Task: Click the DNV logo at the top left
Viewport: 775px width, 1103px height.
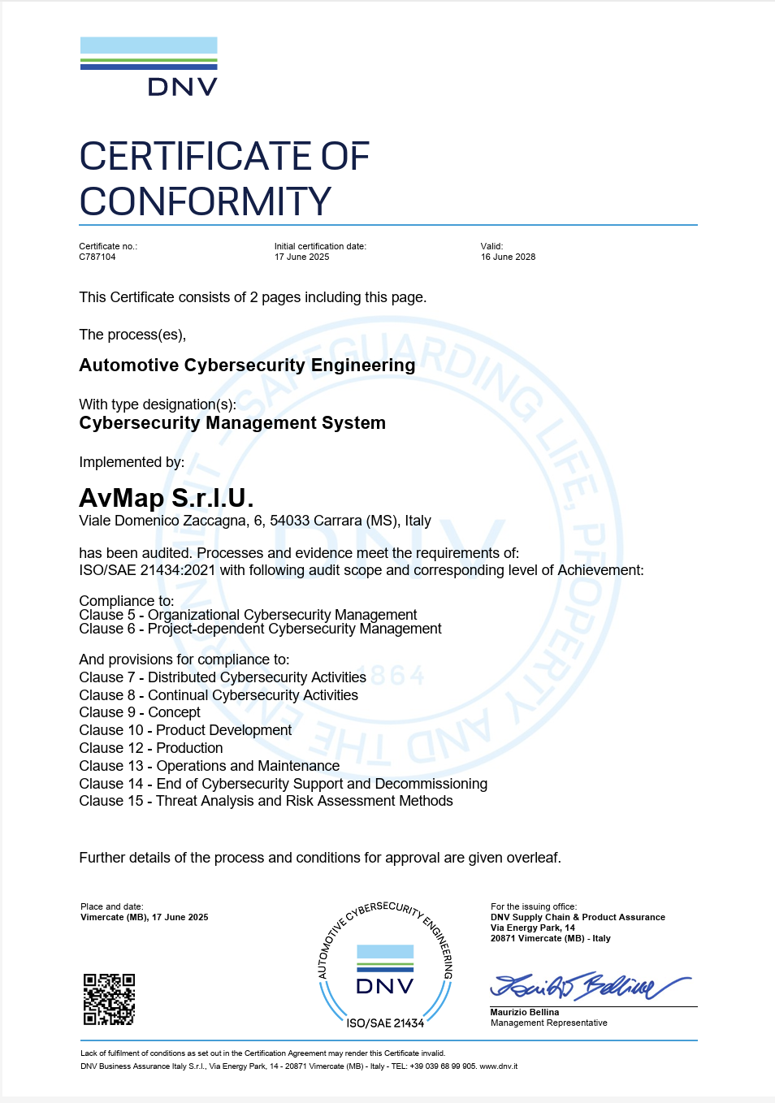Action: [149, 67]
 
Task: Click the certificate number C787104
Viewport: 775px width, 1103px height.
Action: [97, 257]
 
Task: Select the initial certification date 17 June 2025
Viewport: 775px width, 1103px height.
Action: [302, 257]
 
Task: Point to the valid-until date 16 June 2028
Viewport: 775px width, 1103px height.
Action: [508, 257]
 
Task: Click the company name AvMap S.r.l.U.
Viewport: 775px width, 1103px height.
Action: [167, 497]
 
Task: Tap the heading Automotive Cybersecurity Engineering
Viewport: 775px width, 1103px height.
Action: [247, 366]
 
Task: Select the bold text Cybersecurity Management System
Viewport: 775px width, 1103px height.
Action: [232, 423]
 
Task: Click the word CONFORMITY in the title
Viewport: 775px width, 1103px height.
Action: [206, 201]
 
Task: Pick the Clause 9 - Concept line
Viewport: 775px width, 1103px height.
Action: [140, 712]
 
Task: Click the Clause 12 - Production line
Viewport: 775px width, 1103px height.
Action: [151, 748]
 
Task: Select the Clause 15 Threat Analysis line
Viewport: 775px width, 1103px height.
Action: [266, 801]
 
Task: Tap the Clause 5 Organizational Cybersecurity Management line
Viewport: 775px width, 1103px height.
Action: [248, 615]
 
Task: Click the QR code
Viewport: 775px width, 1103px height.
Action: [109, 999]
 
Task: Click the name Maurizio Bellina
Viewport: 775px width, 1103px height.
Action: [525, 1012]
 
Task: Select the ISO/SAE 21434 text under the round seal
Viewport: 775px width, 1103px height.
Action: [385, 1023]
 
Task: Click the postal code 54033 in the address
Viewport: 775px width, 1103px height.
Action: [289, 521]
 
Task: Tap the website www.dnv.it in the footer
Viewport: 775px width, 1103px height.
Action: [498, 1066]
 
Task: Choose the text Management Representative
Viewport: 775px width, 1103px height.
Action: [549, 1023]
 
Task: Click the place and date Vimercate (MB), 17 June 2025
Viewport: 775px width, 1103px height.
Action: [145, 917]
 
